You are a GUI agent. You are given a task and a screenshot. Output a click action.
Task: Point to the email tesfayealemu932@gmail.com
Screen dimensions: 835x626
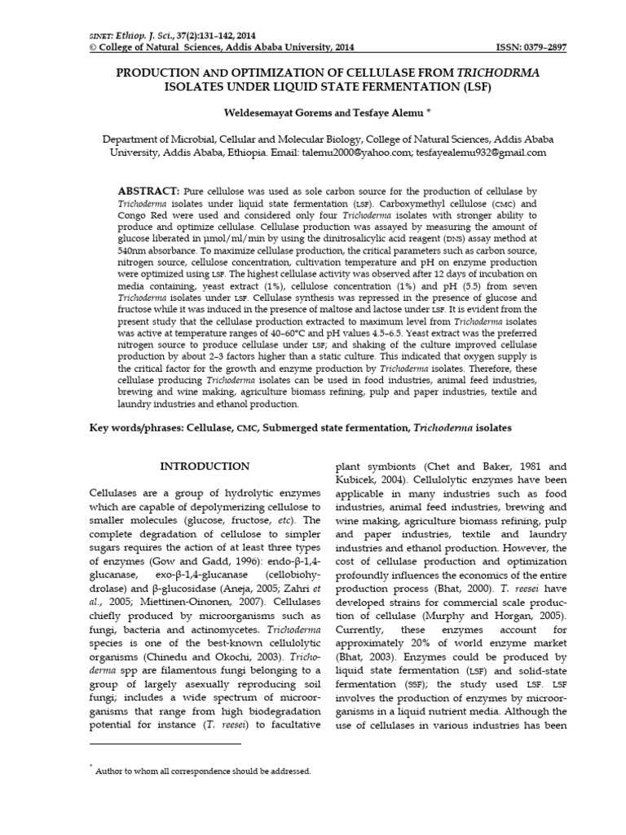point(480,152)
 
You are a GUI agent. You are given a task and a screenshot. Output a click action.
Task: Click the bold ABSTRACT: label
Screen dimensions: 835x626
point(149,190)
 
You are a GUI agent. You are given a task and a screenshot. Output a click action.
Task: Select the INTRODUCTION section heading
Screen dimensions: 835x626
point(205,466)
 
